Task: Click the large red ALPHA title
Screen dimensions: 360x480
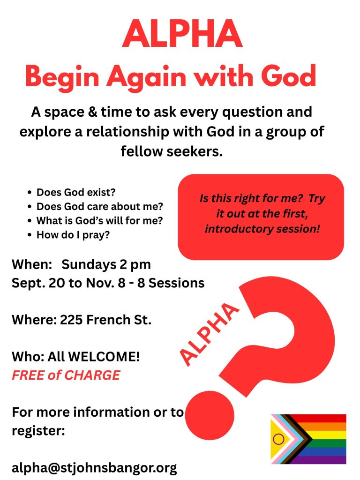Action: click(x=182, y=33)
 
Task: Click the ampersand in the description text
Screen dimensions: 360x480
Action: click(x=92, y=112)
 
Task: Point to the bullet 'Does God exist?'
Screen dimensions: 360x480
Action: click(x=76, y=192)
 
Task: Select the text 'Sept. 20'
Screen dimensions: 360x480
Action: click(x=38, y=283)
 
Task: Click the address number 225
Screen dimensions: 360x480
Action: click(x=71, y=320)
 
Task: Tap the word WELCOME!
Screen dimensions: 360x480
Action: click(x=104, y=357)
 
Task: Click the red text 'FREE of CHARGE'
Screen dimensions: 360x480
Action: click(x=66, y=375)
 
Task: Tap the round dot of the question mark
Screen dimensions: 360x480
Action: click(x=210, y=415)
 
